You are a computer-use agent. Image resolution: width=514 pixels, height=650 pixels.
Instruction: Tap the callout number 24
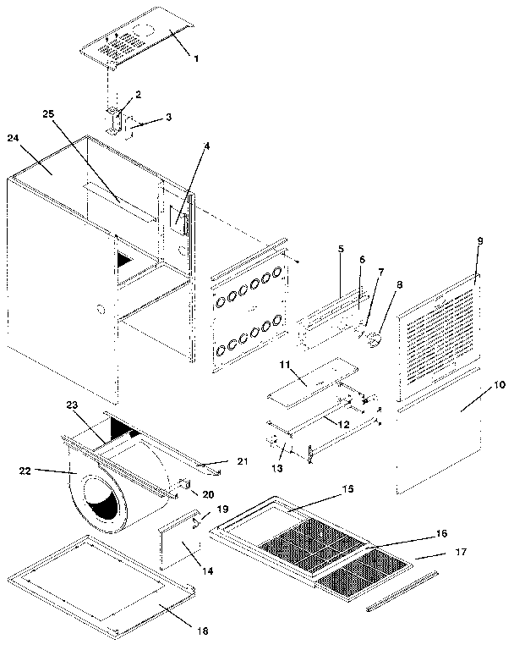pyautogui.click(x=14, y=138)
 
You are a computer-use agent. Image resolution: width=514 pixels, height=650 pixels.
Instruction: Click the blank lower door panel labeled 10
pyautogui.click(x=435, y=449)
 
